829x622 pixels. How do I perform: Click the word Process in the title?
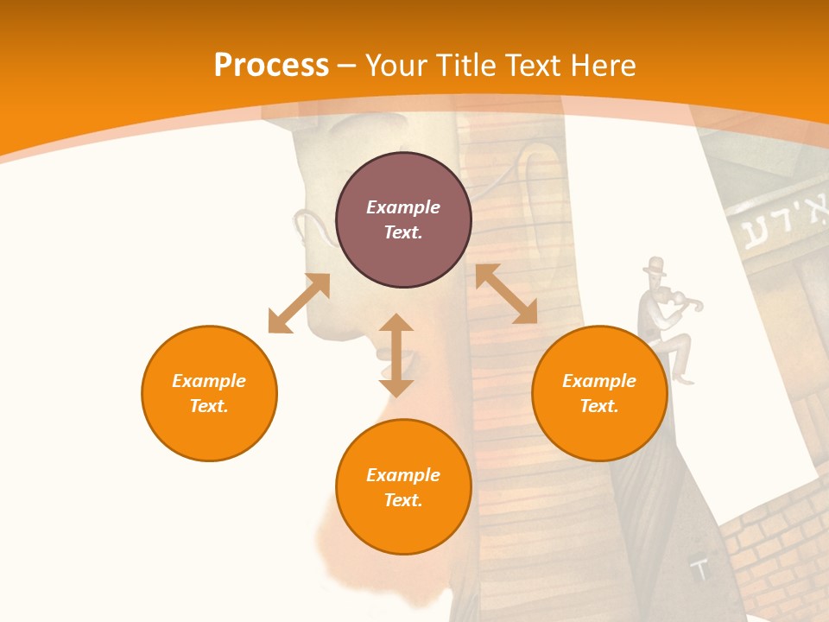pos(271,66)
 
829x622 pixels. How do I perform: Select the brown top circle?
pos(403,219)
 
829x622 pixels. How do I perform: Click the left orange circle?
pos(209,393)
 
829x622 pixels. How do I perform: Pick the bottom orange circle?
pos(403,487)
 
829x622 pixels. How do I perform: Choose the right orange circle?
pos(599,393)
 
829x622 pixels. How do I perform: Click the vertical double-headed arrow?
pos(396,355)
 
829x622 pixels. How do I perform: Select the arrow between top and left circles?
pos(299,303)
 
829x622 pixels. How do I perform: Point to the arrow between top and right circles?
pos(506,294)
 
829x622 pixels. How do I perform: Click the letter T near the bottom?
pos(701,569)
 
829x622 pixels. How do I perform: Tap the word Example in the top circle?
pos(403,207)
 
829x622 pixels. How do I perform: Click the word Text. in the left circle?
pos(209,406)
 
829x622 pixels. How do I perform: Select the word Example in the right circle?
pos(599,381)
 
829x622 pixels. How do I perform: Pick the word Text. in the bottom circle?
pos(403,500)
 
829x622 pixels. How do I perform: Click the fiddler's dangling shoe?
pos(684,378)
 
